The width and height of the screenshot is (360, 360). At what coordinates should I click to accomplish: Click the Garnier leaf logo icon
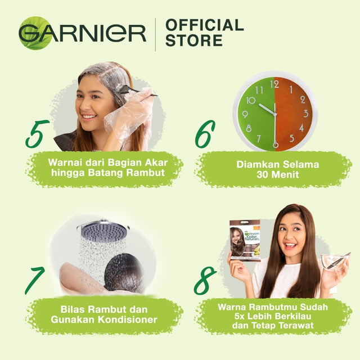(x=34, y=33)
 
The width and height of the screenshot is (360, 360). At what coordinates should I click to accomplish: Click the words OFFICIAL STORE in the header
(x=204, y=33)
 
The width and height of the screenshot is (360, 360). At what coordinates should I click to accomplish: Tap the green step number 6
(x=205, y=134)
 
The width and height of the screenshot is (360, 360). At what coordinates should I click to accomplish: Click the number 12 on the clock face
(x=274, y=84)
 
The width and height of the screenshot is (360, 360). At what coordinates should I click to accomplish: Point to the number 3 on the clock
(x=305, y=114)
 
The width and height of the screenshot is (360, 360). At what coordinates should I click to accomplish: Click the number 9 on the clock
(x=245, y=114)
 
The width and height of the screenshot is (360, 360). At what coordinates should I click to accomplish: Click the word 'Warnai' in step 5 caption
(x=64, y=163)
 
